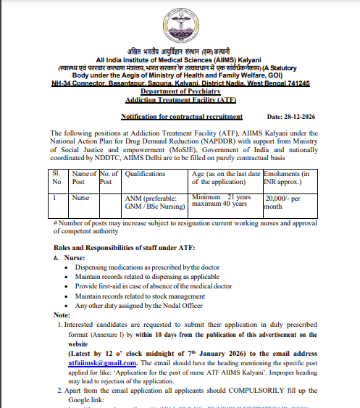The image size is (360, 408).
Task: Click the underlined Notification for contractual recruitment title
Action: (182, 117)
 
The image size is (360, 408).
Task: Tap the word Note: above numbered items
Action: (62, 315)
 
